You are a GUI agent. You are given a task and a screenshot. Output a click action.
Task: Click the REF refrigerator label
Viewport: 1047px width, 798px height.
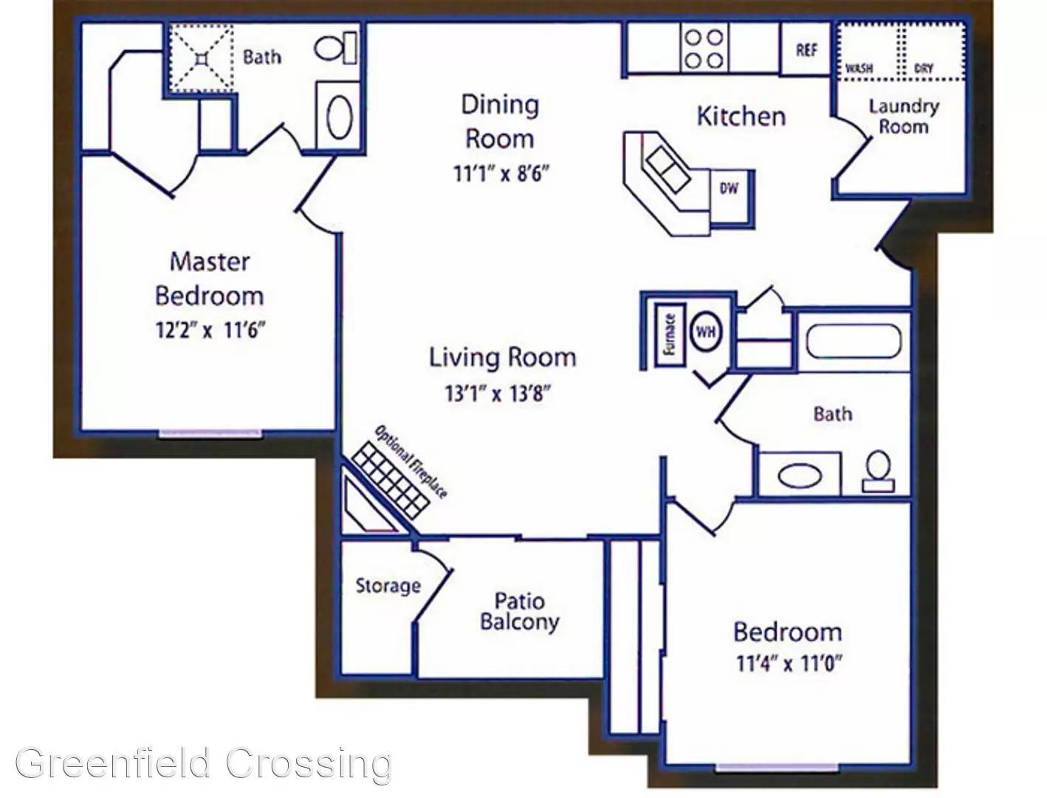(806, 50)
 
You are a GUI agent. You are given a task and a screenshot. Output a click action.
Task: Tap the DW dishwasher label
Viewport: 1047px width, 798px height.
(728, 188)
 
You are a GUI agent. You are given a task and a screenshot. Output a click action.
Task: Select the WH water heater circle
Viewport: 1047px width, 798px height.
(707, 331)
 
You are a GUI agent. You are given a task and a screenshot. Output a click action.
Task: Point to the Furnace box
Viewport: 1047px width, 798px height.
(670, 335)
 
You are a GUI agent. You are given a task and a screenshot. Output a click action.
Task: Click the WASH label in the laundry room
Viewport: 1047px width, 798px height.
(859, 69)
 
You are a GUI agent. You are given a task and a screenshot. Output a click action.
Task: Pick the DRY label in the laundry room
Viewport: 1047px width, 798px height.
(924, 69)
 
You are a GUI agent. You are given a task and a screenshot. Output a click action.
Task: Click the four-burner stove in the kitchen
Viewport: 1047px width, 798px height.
(704, 50)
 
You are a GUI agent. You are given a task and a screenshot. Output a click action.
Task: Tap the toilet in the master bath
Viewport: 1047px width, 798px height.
(335, 48)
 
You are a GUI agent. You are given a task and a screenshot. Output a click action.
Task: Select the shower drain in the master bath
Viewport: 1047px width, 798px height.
(202, 58)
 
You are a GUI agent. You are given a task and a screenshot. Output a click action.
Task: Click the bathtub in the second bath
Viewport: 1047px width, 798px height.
(854, 341)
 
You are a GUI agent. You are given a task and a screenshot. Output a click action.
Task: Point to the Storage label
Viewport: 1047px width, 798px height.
(388, 586)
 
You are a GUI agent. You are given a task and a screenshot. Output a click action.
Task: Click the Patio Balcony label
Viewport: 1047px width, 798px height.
(520, 611)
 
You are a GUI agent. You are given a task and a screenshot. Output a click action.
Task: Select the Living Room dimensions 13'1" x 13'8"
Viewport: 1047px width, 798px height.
(498, 394)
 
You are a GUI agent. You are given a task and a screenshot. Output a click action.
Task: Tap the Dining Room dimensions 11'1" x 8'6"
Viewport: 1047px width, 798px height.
(500, 174)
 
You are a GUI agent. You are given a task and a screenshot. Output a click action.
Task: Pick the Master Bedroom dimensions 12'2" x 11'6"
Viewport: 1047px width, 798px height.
(210, 330)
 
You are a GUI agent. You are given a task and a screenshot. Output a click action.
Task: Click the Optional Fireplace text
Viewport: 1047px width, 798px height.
(411, 461)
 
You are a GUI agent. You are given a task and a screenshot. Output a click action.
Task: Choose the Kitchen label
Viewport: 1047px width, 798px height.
(741, 116)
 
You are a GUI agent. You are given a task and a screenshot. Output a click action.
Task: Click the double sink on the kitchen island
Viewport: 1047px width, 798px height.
(666, 168)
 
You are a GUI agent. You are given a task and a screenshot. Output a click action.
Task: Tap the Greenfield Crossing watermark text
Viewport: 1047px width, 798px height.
(204, 763)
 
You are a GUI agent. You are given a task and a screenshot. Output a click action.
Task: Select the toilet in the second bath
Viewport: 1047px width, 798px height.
(878, 471)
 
